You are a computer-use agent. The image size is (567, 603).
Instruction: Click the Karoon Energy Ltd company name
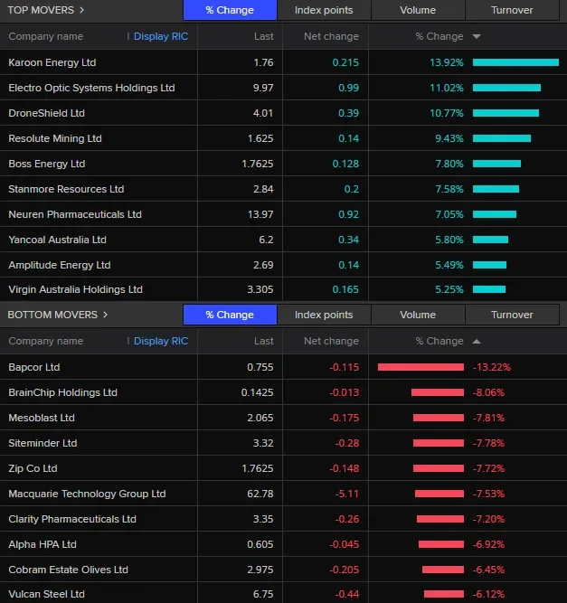tap(52, 62)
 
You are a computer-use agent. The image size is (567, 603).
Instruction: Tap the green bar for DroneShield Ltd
tap(505, 113)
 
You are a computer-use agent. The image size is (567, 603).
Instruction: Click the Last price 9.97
tap(262, 88)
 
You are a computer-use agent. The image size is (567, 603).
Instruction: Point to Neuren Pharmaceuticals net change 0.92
tap(347, 214)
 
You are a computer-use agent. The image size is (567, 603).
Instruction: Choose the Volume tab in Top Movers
tap(418, 10)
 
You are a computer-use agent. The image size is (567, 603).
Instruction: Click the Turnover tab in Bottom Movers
tap(512, 315)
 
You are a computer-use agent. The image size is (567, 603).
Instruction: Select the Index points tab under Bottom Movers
tap(324, 315)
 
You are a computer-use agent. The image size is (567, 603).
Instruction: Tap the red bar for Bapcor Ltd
tap(421, 367)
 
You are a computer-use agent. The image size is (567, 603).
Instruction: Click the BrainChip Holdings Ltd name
tap(62, 392)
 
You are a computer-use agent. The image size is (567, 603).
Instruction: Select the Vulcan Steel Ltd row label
tap(46, 594)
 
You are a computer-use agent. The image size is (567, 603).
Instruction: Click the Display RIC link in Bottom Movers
tap(161, 341)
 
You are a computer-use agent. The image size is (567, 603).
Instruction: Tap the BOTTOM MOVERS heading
tap(52, 315)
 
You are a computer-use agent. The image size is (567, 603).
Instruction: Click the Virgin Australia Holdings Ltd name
tap(75, 289)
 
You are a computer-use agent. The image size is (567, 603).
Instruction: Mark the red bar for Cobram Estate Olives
tap(442, 570)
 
